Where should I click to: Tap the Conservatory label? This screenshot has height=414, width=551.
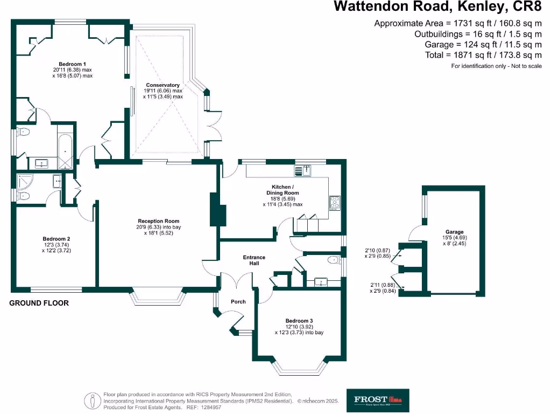click(x=163, y=85)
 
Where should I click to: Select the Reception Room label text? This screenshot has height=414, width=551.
click(x=158, y=221)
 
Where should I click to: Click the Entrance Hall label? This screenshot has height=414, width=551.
click(x=255, y=260)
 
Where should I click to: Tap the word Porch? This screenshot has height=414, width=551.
click(x=238, y=301)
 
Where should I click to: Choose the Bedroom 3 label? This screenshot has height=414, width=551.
click(x=299, y=321)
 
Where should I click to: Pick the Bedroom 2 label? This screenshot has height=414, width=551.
click(x=56, y=239)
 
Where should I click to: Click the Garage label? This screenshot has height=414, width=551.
click(x=454, y=232)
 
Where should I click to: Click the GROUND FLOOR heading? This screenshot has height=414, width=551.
click(x=39, y=303)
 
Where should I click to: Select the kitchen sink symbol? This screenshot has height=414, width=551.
click(x=303, y=171)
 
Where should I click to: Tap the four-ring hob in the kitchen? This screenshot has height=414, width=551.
click(x=335, y=202)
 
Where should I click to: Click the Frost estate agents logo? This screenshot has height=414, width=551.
click(x=377, y=400)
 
